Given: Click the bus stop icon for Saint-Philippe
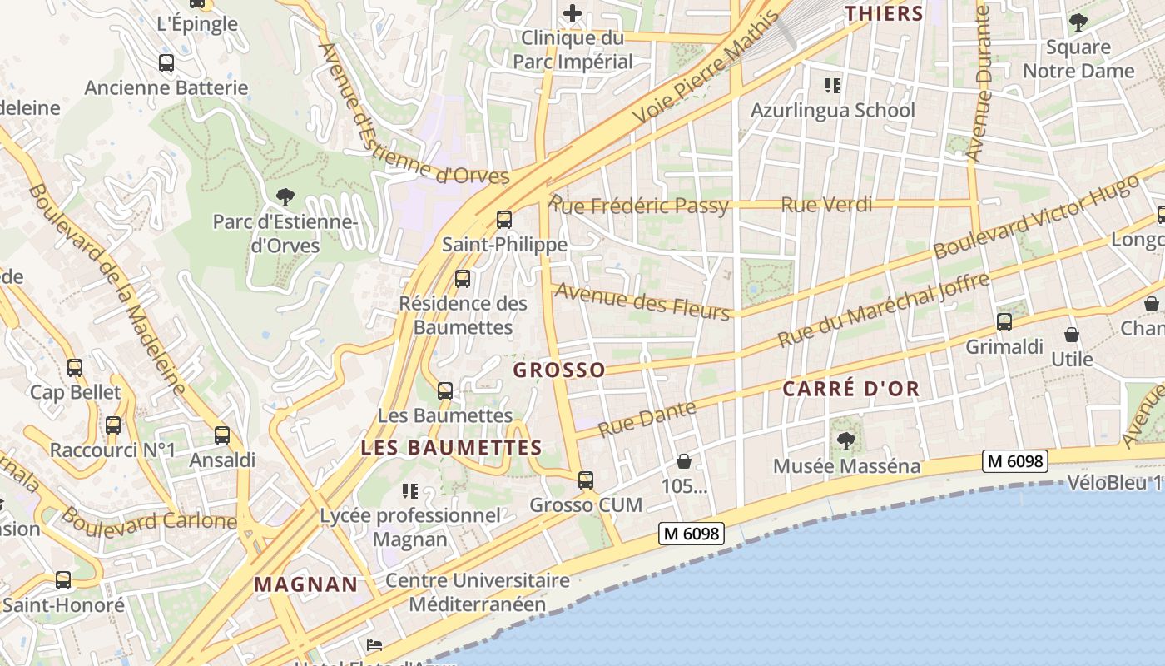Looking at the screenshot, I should pyautogui.click(x=503, y=220).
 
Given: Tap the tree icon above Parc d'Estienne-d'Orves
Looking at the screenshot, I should pyautogui.click(x=285, y=197).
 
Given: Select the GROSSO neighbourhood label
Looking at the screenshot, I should pyautogui.click(x=559, y=370).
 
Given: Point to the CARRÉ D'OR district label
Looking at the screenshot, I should pyautogui.click(x=851, y=389).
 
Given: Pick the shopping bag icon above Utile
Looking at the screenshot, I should pyautogui.click(x=1072, y=335).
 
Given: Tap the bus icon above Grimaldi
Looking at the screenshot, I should pyautogui.click(x=1004, y=322).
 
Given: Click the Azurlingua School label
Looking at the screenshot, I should pyautogui.click(x=832, y=110).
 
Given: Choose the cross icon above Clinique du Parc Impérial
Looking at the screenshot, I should pyautogui.click(x=573, y=13).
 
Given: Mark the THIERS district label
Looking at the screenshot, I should pyautogui.click(x=885, y=13).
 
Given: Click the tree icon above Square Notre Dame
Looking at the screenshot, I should pyautogui.click(x=1078, y=22).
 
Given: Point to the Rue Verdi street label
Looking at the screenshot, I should pyautogui.click(x=826, y=204).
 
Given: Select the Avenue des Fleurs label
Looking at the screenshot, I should pyautogui.click(x=642, y=301).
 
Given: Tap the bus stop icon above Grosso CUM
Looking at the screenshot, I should pyautogui.click(x=586, y=480).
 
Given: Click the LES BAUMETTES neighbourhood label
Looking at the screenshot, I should pyautogui.click(x=451, y=448).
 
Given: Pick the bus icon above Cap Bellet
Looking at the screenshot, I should pyautogui.click(x=75, y=367).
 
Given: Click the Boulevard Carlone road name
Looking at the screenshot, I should pyautogui.click(x=150, y=520).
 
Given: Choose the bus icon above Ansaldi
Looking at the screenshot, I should pyautogui.click(x=221, y=435).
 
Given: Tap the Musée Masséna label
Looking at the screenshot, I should pyautogui.click(x=846, y=465).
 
